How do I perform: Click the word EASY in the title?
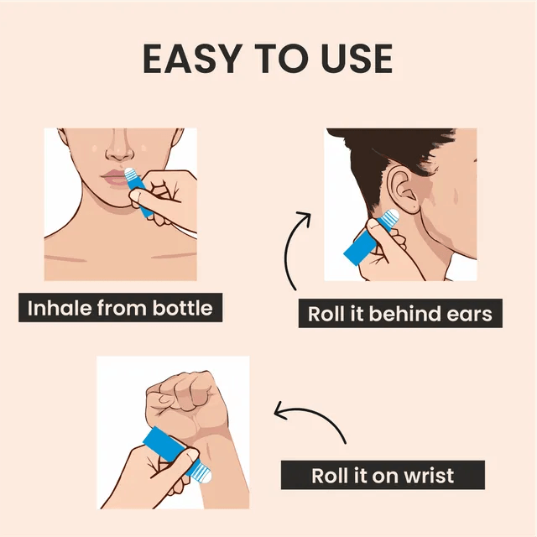click(190, 59)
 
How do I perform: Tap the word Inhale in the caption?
click(60, 308)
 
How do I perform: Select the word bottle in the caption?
click(183, 308)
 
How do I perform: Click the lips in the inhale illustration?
click(114, 178)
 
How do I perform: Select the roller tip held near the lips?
click(130, 175)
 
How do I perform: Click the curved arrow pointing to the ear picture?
click(291, 247)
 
